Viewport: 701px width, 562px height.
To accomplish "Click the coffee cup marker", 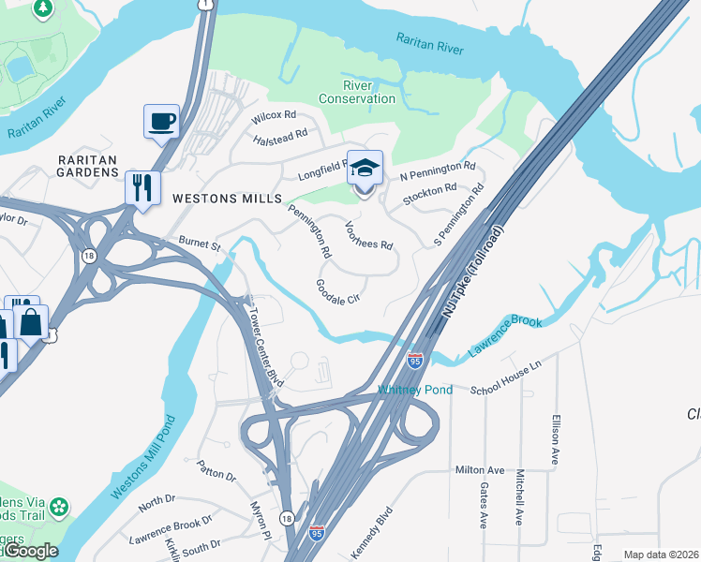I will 161,122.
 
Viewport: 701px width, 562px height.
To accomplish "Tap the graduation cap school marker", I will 365,170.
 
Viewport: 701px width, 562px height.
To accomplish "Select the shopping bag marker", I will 31,322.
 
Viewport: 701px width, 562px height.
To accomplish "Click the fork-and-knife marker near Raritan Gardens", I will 142,187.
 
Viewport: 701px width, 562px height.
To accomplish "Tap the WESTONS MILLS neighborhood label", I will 227,200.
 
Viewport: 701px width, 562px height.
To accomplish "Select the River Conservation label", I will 357,92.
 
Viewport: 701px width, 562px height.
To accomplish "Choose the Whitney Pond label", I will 415,390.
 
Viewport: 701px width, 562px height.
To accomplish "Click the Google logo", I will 30,551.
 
